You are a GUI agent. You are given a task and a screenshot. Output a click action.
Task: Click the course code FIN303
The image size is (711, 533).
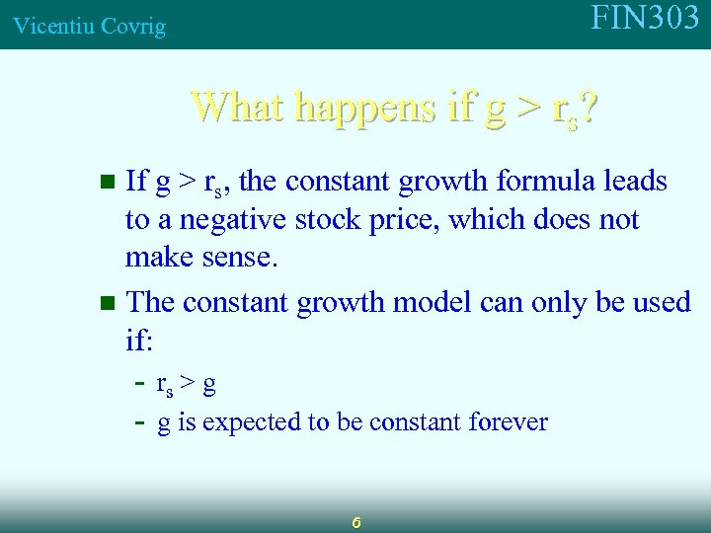645,19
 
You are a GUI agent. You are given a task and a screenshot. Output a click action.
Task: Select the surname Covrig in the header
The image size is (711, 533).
131,27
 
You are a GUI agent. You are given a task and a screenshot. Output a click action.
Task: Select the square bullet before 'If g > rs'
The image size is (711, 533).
110,182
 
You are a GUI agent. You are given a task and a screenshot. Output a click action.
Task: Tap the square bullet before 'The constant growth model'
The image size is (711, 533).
110,302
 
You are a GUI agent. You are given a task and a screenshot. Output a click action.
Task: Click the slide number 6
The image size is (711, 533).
356,520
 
